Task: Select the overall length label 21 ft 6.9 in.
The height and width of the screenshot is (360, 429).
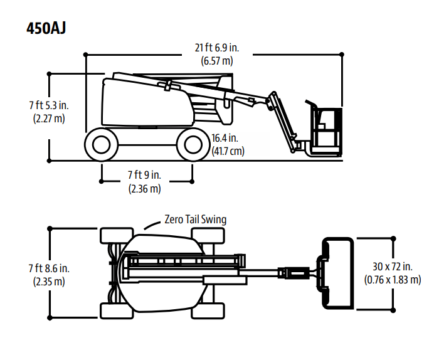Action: tap(217, 48)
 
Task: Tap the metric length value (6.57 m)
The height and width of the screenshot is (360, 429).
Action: tap(217, 61)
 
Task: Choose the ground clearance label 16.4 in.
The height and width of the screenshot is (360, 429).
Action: tap(225, 138)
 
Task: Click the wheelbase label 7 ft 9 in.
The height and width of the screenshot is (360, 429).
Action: tap(144, 175)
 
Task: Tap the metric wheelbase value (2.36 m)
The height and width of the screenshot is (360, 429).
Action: tap(144, 188)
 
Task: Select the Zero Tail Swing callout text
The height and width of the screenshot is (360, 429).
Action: tap(195, 220)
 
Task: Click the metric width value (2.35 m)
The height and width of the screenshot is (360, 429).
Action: tap(48, 282)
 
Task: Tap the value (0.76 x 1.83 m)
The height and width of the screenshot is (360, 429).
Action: tap(393, 280)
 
